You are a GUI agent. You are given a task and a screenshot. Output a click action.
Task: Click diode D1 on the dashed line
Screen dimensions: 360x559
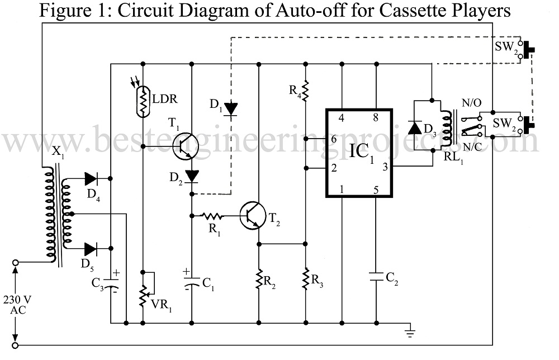tap(231, 108)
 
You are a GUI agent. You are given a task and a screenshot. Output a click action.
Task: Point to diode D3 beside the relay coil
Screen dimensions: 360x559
tap(415, 128)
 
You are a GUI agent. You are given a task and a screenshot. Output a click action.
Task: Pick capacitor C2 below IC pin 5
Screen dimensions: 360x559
tap(375, 275)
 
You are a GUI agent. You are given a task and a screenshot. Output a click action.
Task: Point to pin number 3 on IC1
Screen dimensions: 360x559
tap(385, 166)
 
